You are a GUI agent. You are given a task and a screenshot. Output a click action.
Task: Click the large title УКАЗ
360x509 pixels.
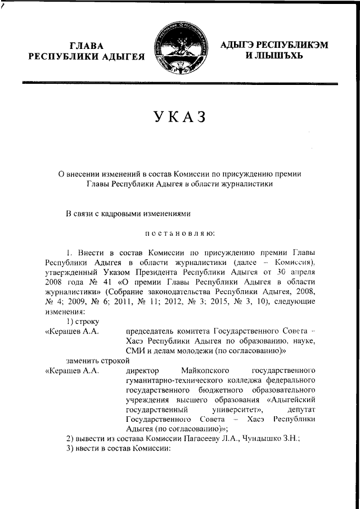[x=181, y=117]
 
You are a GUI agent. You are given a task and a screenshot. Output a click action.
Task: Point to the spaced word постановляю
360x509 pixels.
[x=180, y=232]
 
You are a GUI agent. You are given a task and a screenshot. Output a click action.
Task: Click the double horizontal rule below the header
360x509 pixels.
[x=180, y=84]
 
